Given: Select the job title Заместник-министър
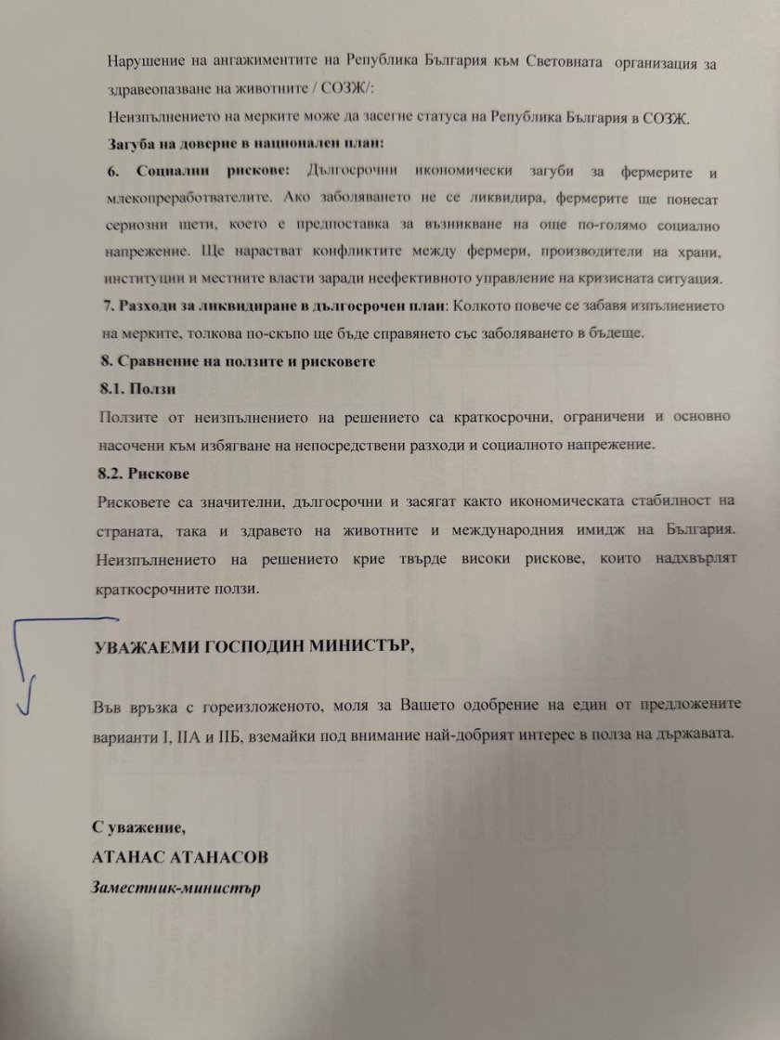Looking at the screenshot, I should (x=175, y=886).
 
